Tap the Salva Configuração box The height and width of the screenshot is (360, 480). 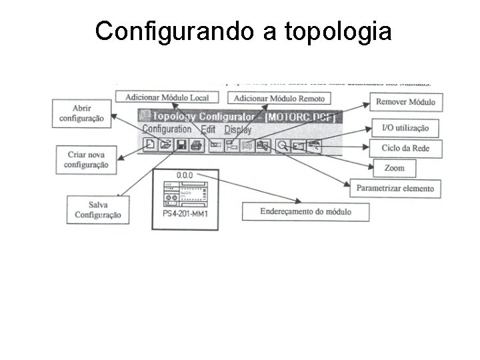tap(97, 209)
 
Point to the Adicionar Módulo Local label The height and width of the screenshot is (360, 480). tap(167, 97)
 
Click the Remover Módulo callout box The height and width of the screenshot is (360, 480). tap(406, 102)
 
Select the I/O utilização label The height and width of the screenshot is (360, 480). tap(406, 127)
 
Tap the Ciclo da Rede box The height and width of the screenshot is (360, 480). tap(406, 147)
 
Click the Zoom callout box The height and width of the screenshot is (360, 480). tap(395, 168)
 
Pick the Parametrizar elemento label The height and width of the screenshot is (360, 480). tap(395, 189)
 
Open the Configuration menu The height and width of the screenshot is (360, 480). tap(167, 129)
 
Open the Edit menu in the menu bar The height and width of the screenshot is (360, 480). tap(208, 130)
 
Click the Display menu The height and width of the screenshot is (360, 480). tap(238, 130)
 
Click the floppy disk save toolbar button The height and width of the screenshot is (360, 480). tap(181, 144)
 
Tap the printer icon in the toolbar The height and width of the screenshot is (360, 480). tap(196, 144)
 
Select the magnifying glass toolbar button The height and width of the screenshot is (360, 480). tap(283, 145)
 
